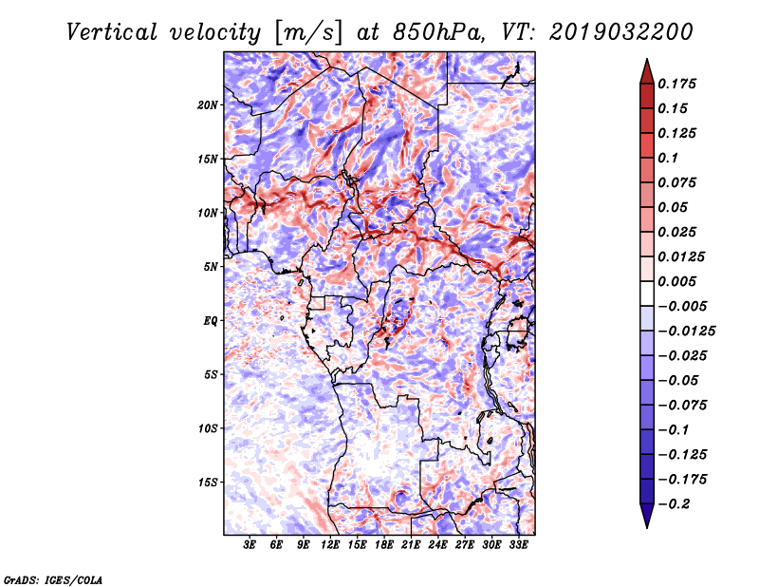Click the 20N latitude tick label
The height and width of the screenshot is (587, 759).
(208, 105)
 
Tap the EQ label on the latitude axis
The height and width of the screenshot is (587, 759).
(210, 321)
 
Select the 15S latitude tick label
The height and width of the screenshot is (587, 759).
(208, 483)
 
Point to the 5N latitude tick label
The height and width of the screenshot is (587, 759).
(211, 267)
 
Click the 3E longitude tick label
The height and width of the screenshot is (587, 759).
(250, 545)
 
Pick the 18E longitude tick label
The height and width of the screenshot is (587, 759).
(384, 545)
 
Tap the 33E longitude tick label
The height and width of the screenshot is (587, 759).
(518, 545)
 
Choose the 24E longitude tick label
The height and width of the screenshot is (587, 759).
(437, 545)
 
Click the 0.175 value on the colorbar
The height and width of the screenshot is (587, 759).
(676, 84)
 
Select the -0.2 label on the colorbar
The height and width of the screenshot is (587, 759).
(674, 504)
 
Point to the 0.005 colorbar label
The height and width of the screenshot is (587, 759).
(676, 281)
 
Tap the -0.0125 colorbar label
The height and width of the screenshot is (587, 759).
(686, 331)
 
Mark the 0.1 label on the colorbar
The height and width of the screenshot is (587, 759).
(668, 158)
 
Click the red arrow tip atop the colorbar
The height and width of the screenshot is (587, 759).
(647, 59)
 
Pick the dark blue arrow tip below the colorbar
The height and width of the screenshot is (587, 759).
(647, 527)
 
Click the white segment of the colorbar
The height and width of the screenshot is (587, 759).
(647, 293)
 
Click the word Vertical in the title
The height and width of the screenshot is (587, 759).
(112, 32)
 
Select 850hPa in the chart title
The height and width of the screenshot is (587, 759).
(437, 32)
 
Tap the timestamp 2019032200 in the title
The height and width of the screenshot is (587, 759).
(621, 32)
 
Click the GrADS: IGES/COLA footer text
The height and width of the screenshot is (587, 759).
(53, 579)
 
